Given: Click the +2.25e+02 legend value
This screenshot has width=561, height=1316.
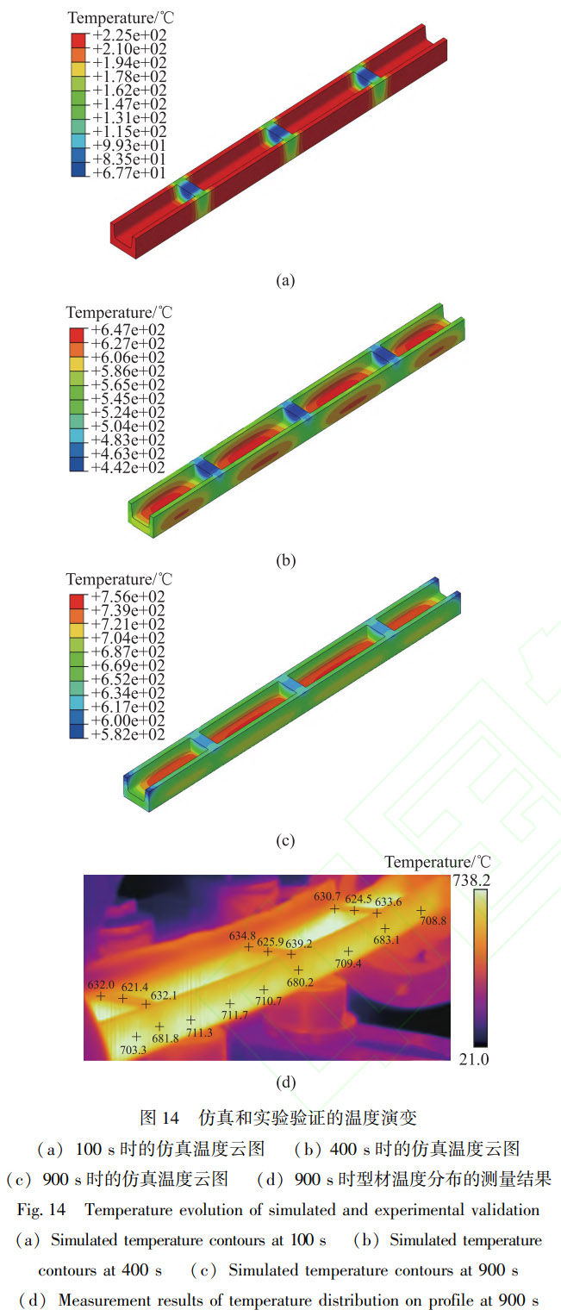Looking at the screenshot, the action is point(129,35).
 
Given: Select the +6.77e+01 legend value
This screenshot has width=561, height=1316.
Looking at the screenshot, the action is point(129,172).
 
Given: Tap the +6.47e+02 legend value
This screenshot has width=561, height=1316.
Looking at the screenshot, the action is point(128,330).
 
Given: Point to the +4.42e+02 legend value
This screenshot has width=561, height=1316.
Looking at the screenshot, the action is point(128,468).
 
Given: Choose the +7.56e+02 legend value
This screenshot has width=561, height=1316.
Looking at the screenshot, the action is point(128,597).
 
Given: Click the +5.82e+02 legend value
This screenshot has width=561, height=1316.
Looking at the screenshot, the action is point(128,734).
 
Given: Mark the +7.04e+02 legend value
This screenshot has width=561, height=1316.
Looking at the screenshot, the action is point(128,638).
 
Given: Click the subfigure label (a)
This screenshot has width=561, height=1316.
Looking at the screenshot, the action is point(285,280).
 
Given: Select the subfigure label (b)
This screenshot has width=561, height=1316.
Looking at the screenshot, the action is point(285,560).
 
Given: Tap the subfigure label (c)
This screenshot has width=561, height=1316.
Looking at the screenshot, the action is point(285,841).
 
